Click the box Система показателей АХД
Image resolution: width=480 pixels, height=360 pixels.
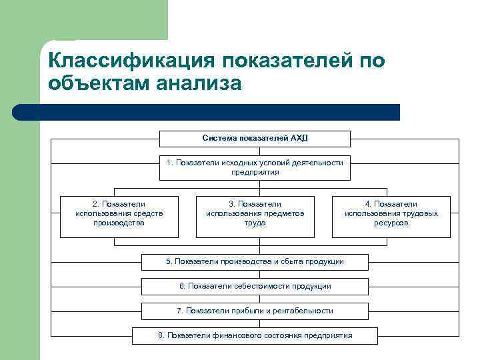point(255,139)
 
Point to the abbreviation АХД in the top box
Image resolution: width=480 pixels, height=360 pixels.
point(299,139)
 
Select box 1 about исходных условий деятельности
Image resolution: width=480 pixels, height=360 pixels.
point(255,167)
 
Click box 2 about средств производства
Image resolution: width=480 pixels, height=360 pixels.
point(119,217)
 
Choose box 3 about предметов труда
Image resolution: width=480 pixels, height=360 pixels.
point(255,217)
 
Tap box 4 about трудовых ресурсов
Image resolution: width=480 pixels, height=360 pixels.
point(391,217)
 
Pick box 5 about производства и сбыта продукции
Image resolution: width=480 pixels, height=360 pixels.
point(255,261)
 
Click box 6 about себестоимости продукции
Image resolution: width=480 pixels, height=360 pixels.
point(255,286)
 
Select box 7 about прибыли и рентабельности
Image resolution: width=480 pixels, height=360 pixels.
point(255,311)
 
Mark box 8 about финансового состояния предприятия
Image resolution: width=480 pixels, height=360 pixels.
point(255,335)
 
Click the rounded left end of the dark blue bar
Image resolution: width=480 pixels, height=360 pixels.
point(19,112)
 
